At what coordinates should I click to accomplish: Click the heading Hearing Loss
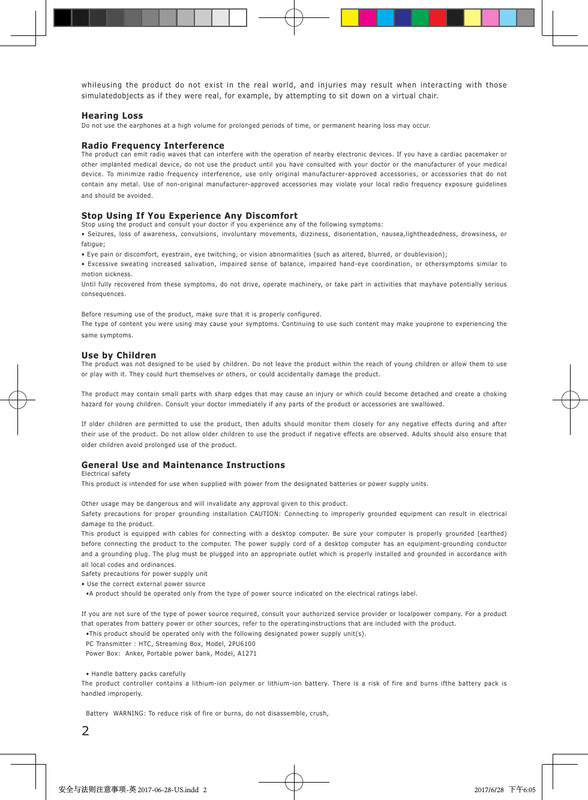click(112, 116)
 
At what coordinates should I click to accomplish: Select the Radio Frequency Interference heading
click(152, 146)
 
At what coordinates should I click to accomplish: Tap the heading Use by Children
click(119, 355)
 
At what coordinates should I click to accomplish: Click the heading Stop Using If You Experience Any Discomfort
click(190, 216)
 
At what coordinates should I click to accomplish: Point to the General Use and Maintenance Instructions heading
click(183, 465)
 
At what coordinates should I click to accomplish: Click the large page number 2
click(85, 730)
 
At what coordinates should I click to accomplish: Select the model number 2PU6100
click(242, 644)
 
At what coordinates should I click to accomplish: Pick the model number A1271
click(247, 654)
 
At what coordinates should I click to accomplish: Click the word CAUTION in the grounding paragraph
click(265, 514)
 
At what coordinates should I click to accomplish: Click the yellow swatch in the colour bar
click(350, 18)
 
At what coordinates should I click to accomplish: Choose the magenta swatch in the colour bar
click(367, 18)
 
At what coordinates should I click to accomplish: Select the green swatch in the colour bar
click(420, 18)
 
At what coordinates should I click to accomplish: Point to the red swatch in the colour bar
click(437, 18)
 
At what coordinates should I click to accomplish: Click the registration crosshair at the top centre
click(294, 18)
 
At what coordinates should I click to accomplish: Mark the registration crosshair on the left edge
click(18, 399)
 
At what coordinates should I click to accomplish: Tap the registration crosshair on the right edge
click(570, 399)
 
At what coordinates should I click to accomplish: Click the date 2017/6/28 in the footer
click(489, 790)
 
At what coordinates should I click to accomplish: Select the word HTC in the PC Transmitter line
click(145, 644)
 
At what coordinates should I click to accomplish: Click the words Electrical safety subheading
click(106, 474)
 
